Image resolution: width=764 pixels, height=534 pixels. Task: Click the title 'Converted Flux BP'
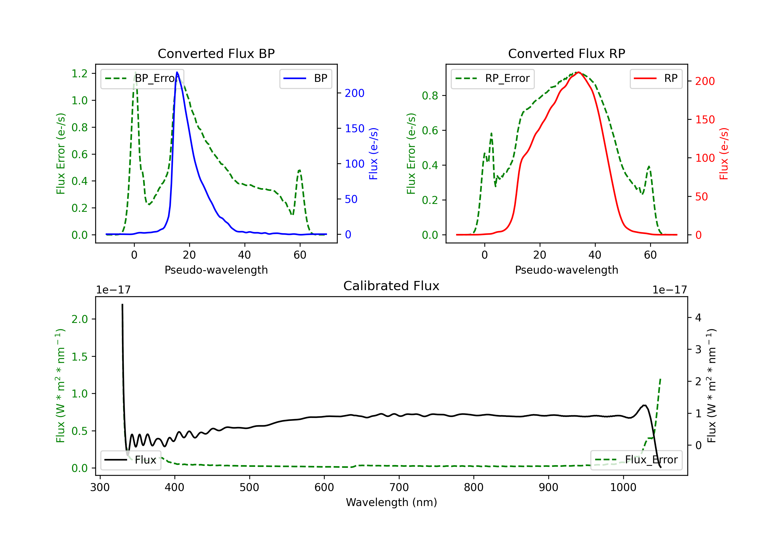pyautogui.click(x=216, y=53)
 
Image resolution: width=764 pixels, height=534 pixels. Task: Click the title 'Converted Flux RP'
pyautogui.click(x=566, y=53)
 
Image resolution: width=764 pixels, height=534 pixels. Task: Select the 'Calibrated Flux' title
pyautogui.click(x=391, y=286)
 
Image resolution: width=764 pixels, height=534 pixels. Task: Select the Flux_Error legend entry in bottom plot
pyautogui.click(x=636, y=460)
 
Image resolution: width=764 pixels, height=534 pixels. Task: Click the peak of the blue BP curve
pyautogui.click(x=177, y=72)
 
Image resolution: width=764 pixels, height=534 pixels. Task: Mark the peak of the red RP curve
pyautogui.click(x=579, y=72)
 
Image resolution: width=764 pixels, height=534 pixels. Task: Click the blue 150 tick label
pyautogui.click(x=355, y=128)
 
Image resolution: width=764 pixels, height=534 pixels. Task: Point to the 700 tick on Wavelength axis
pyautogui.click(x=399, y=487)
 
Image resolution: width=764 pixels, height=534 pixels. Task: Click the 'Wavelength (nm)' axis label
pyautogui.click(x=391, y=502)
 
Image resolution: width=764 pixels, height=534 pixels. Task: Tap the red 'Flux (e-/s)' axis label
pyautogui.click(x=724, y=154)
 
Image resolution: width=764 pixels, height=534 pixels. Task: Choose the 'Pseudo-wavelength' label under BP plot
pyautogui.click(x=216, y=270)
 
